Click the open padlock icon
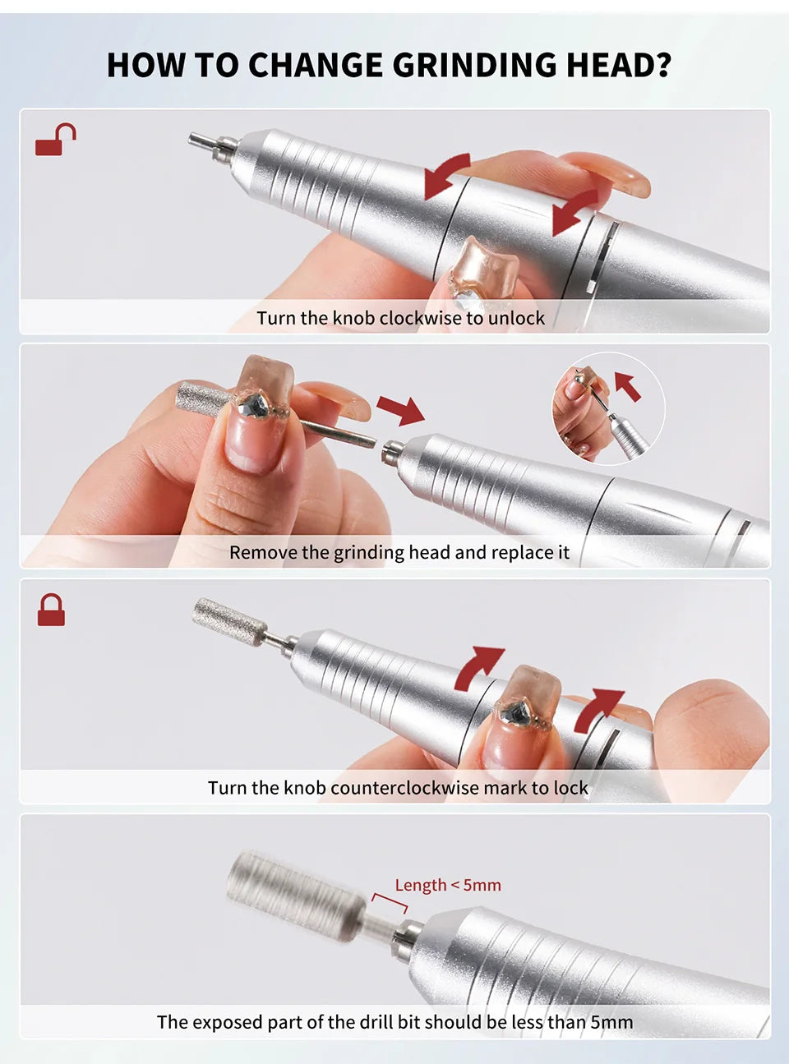point(54,141)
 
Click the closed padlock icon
point(51,611)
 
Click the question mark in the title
point(662,65)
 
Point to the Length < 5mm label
point(448,885)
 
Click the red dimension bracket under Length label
point(389,902)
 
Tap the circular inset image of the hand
point(607,409)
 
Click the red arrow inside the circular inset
point(628,385)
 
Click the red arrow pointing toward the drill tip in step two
point(400,409)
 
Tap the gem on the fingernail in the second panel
point(254,403)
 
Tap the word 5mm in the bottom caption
point(611,1022)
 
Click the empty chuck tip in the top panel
point(205,143)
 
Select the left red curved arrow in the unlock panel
point(446,175)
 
